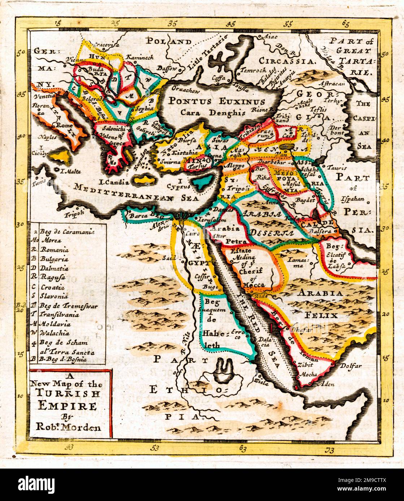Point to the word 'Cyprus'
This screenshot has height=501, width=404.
tap(181, 187)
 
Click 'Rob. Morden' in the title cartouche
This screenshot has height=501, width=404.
tap(68, 428)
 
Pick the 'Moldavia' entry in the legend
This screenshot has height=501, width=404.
tap(56, 324)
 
